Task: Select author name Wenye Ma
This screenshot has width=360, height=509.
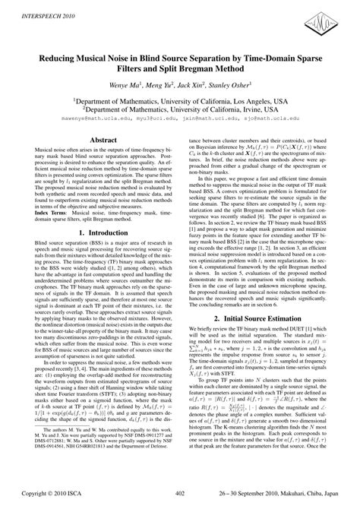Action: coord(125,84)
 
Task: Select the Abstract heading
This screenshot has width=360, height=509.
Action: coord(103,141)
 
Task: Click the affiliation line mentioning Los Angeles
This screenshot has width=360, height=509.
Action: coord(180,100)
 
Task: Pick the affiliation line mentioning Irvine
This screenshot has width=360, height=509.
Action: coord(180,109)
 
